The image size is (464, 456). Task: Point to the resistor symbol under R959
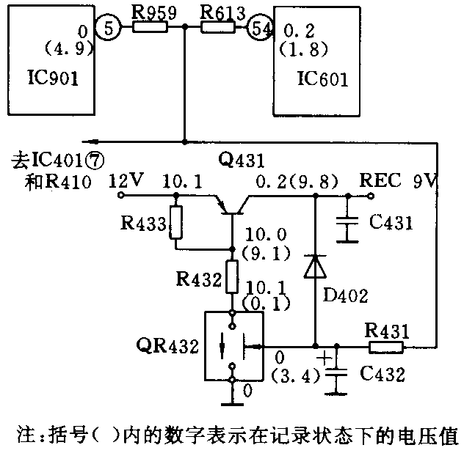(x=151, y=28)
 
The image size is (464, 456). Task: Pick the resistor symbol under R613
(x=218, y=28)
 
